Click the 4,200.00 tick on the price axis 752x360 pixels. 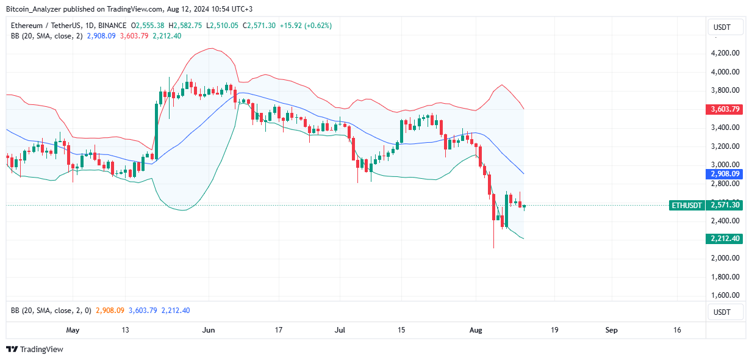(x=725, y=53)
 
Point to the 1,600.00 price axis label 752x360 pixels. (x=725, y=295)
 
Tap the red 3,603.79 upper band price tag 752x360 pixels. (x=725, y=110)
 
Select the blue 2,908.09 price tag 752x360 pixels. (x=725, y=175)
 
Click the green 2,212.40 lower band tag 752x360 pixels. (x=725, y=239)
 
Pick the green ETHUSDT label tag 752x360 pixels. (x=686, y=206)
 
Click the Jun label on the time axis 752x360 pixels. (x=209, y=330)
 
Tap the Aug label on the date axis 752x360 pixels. (x=476, y=330)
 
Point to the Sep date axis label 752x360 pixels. (x=611, y=330)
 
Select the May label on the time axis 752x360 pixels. (x=73, y=330)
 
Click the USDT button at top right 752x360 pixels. (x=725, y=27)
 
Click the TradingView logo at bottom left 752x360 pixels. (x=35, y=350)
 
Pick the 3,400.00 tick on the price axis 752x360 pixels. (x=725, y=128)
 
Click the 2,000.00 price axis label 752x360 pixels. (x=725, y=258)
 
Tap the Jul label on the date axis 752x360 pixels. (x=340, y=330)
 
